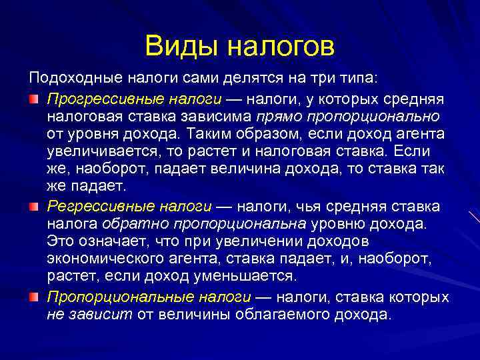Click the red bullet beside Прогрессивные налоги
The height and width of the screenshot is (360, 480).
click(x=33, y=99)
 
